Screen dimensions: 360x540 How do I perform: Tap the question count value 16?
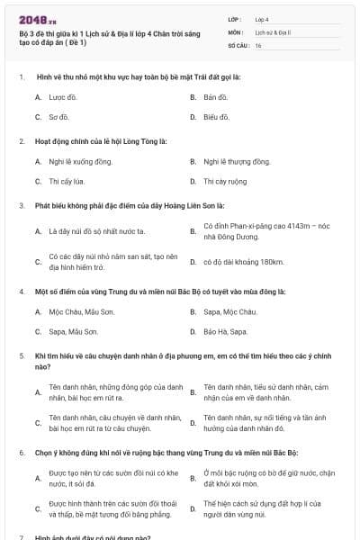click(259, 44)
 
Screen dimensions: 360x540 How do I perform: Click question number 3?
click(22, 205)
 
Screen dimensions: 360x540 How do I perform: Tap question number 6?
click(22, 451)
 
